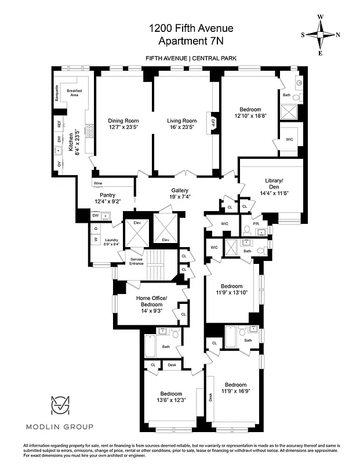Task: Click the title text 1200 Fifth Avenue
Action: (x=180, y=27)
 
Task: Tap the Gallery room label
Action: (x=179, y=190)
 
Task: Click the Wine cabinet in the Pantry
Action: (x=98, y=183)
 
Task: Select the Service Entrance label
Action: (x=136, y=261)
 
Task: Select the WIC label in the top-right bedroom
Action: (x=290, y=139)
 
